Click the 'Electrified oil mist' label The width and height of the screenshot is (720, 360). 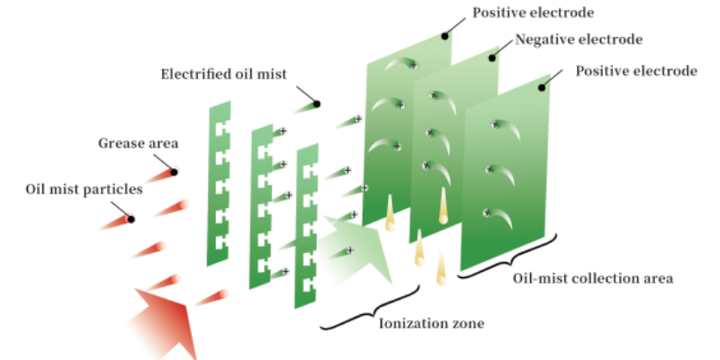(x=223, y=74)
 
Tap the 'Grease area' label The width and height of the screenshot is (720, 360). (x=139, y=142)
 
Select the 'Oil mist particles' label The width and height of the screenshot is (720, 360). (x=84, y=189)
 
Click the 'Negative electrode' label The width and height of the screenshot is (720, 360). (x=578, y=40)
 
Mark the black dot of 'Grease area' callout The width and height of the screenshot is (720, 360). (x=174, y=171)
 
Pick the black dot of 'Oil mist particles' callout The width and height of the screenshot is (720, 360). (x=131, y=219)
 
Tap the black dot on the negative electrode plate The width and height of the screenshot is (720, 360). (x=492, y=58)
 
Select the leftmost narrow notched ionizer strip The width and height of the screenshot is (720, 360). (x=220, y=184)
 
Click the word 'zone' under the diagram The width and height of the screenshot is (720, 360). (x=464, y=322)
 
